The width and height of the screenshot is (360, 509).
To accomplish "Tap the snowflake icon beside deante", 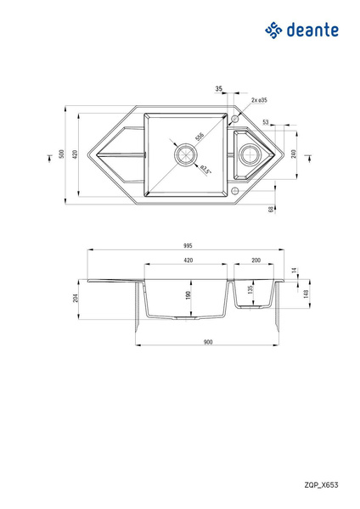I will point(273,31).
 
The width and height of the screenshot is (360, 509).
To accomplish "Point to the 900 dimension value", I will point(208,342).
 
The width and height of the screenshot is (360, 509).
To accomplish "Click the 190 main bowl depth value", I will point(188,295).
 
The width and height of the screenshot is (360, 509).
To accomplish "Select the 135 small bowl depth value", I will point(249,289).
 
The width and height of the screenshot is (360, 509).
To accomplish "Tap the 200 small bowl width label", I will point(255,260).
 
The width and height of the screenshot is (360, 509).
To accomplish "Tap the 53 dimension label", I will point(265,122).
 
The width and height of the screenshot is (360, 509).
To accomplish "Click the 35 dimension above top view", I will point(219,88).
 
